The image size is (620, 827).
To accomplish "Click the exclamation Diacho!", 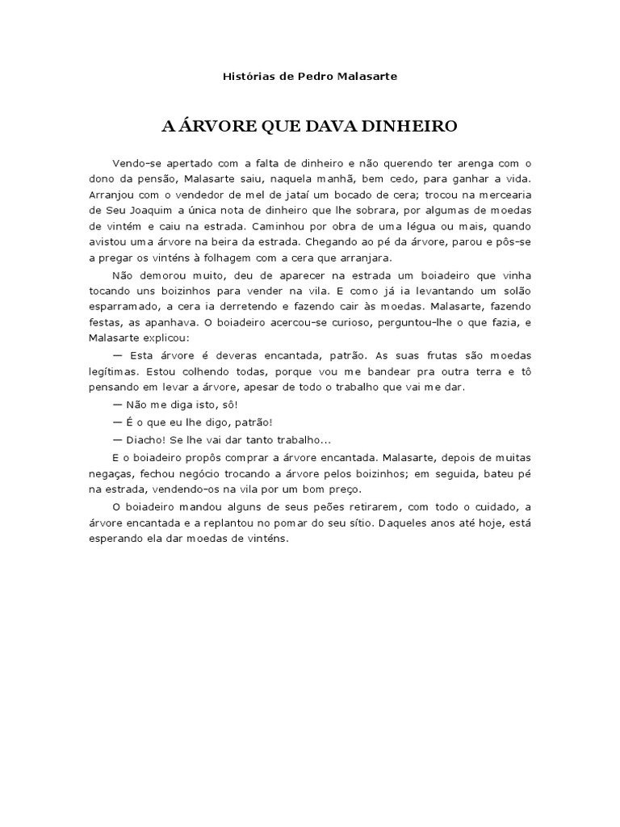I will point(148,440).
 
